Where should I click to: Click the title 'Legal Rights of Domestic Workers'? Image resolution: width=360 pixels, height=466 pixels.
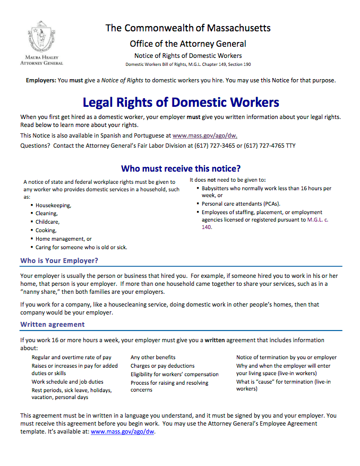click(x=181, y=102)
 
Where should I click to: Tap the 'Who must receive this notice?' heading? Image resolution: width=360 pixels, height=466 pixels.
click(x=181, y=169)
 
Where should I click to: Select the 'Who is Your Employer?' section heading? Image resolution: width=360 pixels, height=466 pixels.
click(x=59, y=260)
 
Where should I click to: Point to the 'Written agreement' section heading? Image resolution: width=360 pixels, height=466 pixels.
click(x=52, y=324)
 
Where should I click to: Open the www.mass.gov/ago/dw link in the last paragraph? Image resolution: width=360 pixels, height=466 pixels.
click(x=123, y=431)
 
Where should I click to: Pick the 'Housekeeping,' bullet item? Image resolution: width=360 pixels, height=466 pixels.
click(x=53, y=205)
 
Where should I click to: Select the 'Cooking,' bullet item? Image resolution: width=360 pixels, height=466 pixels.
click(x=46, y=231)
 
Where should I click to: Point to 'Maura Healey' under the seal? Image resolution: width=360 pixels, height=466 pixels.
click(x=41, y=57)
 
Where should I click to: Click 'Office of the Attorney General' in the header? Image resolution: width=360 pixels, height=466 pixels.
click(x=188, y=44)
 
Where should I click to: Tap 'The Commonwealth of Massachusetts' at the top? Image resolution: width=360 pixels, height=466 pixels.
click(x=188, y=28)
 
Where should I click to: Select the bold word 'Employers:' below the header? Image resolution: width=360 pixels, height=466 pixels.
click(x=40, y=80)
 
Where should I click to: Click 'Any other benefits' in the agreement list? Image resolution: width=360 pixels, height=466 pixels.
click(x=153, y=357)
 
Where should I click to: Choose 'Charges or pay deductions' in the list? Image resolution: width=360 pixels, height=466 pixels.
click(x=162, y=366)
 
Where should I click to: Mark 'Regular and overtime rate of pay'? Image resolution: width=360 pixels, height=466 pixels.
click(x=71, y=357)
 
